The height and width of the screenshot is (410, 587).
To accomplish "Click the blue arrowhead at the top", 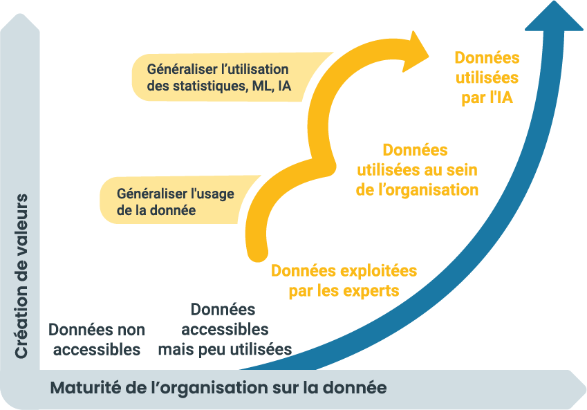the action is [x=555, y=17].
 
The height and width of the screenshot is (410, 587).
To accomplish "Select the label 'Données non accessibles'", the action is [x=97, y=339].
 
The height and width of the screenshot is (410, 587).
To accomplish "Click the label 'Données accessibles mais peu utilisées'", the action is [x=224, y=329].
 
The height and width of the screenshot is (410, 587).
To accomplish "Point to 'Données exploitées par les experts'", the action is [x=344, y=280].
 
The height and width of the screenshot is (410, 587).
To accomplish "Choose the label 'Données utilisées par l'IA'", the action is [x=487, y=77].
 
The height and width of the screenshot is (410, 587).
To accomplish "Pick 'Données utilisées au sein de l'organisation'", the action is [x=416, y=169].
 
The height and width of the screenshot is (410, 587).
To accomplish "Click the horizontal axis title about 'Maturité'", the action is [x=218, y=387].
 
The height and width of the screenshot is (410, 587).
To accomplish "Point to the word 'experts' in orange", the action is [x=373, y=290].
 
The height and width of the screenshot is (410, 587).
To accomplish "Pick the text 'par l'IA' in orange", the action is [x=487, y=97].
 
